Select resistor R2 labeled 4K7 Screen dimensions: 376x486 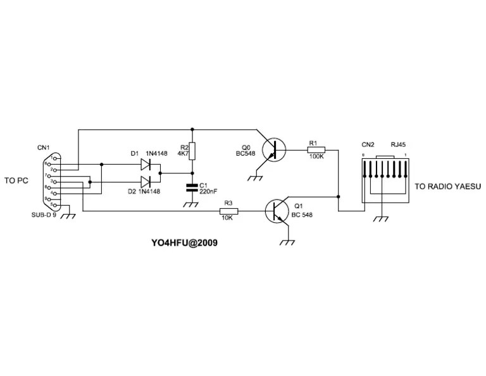(193, 151)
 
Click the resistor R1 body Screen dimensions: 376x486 (316, 150)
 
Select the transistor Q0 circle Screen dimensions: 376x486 (273, 150)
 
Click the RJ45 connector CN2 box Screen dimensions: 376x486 (383, 180)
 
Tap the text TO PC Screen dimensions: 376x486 (17, 180)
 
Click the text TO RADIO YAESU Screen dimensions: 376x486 (447, 187)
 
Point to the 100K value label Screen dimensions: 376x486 (316, 158)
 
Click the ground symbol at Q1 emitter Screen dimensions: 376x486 (289, 241)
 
